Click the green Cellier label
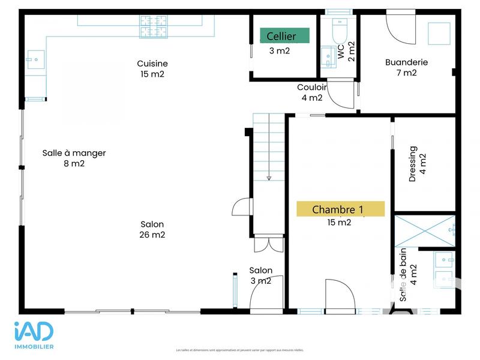(285, 36)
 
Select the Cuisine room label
(152, 68)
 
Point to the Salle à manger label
(74, 158)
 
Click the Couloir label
(312, 92)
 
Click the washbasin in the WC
(327, 56)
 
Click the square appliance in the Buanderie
(439, 34)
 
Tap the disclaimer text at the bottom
(239, 350)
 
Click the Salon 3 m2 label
(261, 275)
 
